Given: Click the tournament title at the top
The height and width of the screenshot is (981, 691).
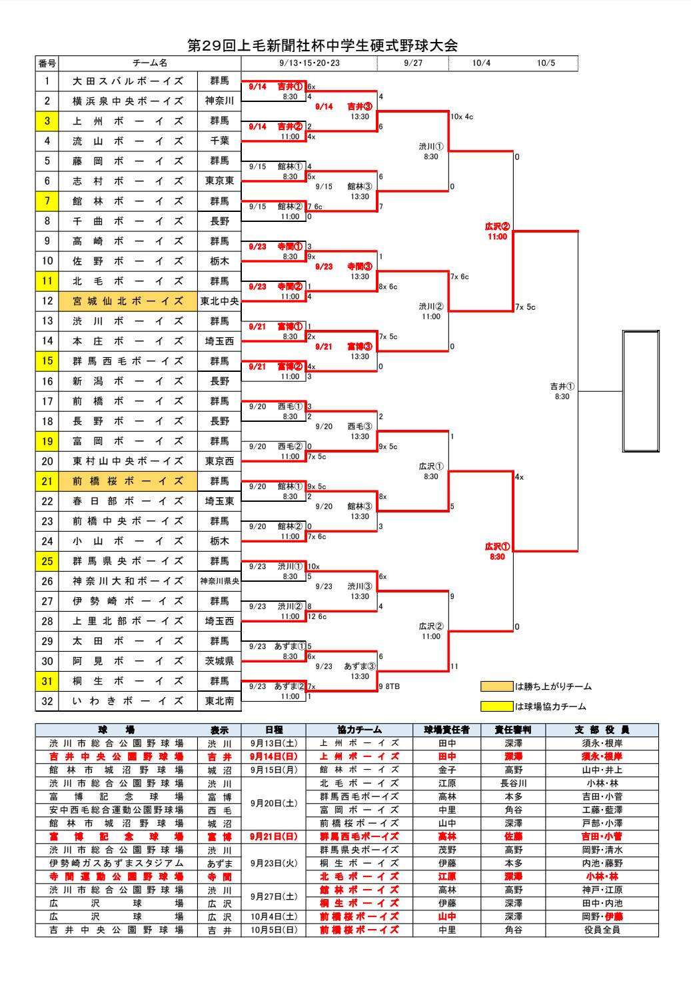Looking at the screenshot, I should (323, 46).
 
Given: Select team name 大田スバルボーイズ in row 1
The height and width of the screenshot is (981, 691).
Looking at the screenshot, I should (128, 81).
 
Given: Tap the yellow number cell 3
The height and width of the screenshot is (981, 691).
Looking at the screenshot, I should (47, 121).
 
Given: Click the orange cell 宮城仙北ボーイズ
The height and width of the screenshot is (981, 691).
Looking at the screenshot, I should (128, 301).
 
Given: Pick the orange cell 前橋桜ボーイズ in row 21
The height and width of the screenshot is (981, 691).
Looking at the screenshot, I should (128, 481).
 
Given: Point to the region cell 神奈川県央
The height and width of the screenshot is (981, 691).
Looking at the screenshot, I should (219, 581).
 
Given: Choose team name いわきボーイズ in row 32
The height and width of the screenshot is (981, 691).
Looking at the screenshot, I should (128, 701).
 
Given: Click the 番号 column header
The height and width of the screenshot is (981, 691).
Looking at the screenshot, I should (47, 63).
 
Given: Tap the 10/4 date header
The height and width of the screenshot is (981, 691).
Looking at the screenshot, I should (481, 63).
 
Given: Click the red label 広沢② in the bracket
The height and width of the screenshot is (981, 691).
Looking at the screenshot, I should (497, 227).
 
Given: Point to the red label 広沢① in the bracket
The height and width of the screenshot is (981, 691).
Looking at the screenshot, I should (497, 547).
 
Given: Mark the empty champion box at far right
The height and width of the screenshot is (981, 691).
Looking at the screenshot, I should (640, 391).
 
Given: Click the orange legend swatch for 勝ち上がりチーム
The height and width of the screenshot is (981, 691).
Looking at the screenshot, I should (496, 686).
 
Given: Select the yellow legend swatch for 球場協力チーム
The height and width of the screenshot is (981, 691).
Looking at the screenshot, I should (496, 706).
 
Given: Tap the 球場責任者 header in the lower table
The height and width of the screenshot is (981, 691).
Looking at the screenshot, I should (446, 730).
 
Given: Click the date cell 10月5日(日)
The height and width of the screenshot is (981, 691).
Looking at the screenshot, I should (274, 930).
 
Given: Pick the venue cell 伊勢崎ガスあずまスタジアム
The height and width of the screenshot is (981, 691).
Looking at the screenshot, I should (117, 863).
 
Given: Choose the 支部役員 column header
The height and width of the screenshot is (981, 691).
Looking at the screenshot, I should (602, 730).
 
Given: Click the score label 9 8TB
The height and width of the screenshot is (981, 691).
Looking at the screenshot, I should (390, 686).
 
